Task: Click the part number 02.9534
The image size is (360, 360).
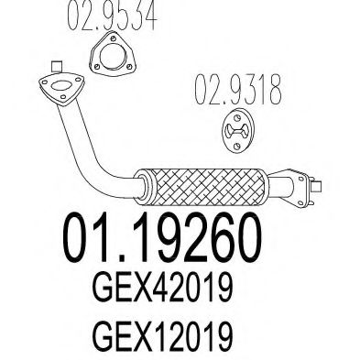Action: (x=112, y=15)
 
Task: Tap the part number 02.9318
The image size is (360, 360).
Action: (x=238, y=89)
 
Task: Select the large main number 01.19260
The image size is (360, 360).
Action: (x=162, y=238)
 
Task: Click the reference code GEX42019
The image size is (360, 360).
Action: (x=162, y=288)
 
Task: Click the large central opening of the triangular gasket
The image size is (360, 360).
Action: (x=113, y=56)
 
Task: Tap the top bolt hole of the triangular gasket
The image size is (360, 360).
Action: (x=114, y=38)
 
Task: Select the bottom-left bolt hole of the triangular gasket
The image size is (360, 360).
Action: (x=97, y=67)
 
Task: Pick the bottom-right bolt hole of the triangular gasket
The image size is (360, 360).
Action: (x=129, y=66)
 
